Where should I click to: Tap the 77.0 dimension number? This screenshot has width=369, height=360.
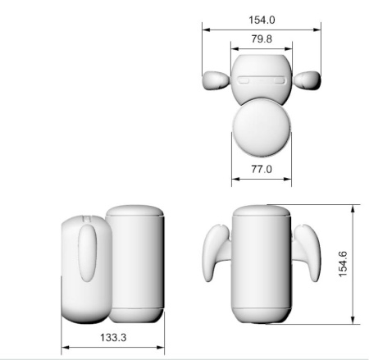[261, 170]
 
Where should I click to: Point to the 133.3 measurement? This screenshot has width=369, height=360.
[113, 336]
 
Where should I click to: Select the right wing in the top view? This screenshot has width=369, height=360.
[307, 80]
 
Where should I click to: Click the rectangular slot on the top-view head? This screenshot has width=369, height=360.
[262, 81]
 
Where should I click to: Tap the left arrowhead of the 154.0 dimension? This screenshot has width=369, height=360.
[205, 30]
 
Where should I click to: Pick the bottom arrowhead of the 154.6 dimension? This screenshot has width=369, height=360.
[353, 320]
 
